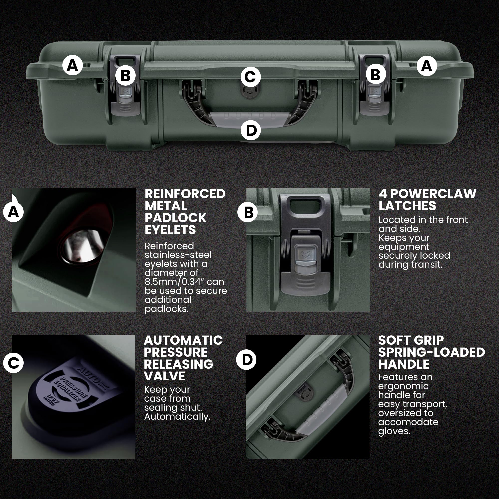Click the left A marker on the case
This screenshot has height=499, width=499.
tap(72, 65)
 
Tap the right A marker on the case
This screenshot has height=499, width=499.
tap(426, 66)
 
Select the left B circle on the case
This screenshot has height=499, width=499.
tap(125, 75)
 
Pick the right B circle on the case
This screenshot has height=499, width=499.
tap(375, 74)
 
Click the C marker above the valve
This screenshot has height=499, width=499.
tap(250, 77)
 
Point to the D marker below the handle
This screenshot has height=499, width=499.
tap(250, 130)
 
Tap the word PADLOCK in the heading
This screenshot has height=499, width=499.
tap(175, 218)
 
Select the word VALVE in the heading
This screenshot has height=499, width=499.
tap(164, 376)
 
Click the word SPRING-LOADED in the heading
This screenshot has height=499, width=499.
tap(431, 352)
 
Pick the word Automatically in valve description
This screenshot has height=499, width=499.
tap(177, 417)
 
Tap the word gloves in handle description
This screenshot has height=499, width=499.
tap(394, 431)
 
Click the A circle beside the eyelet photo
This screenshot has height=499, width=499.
tap(13, 212)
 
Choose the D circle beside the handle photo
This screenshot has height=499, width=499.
tap(246, 360)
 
